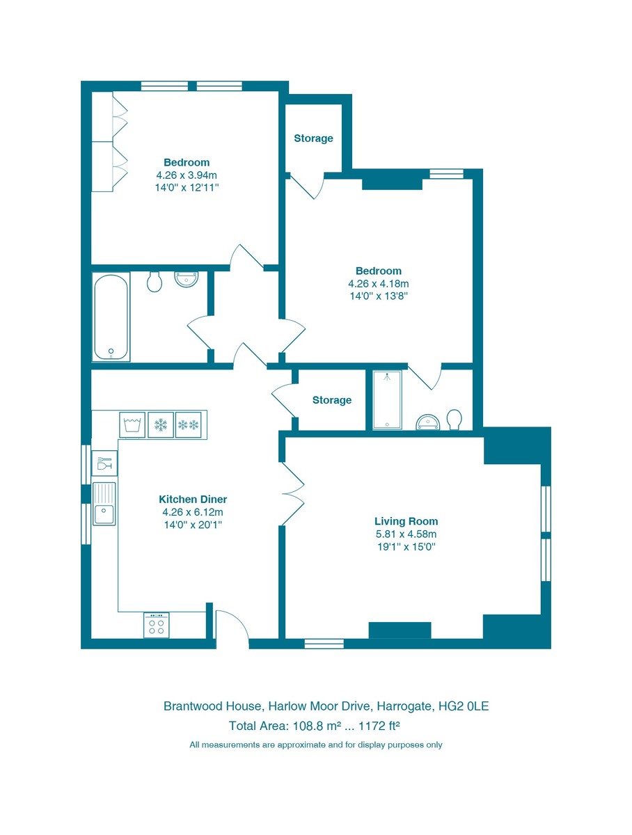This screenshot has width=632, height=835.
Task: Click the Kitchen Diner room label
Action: coord(193,499)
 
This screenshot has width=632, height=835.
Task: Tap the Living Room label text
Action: coord(406,521)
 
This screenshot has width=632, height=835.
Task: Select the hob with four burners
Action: coord(157,625)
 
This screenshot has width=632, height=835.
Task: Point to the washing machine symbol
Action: coord(132,424)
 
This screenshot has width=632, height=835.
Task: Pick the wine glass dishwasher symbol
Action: coord(104,463)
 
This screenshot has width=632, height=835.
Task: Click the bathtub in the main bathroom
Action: coord(111,317)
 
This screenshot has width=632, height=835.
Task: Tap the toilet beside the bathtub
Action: coord(154,281)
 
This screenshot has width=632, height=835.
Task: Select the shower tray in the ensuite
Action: coord(387,400)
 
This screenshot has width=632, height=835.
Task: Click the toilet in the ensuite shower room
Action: coord(454,420)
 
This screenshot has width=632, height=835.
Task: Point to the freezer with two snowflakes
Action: coord(189,424)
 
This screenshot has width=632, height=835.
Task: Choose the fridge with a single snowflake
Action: coord(161,424)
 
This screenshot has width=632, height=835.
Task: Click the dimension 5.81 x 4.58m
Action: coord(406,534)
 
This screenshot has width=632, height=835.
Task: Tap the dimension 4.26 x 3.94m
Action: coord(187,175)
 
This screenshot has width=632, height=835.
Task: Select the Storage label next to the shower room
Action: coord(332,400)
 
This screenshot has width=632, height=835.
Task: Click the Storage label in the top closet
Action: coord(313,138)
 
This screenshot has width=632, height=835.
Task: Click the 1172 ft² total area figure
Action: coord(379,726)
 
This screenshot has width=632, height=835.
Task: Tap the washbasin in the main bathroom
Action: coord(187,279)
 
